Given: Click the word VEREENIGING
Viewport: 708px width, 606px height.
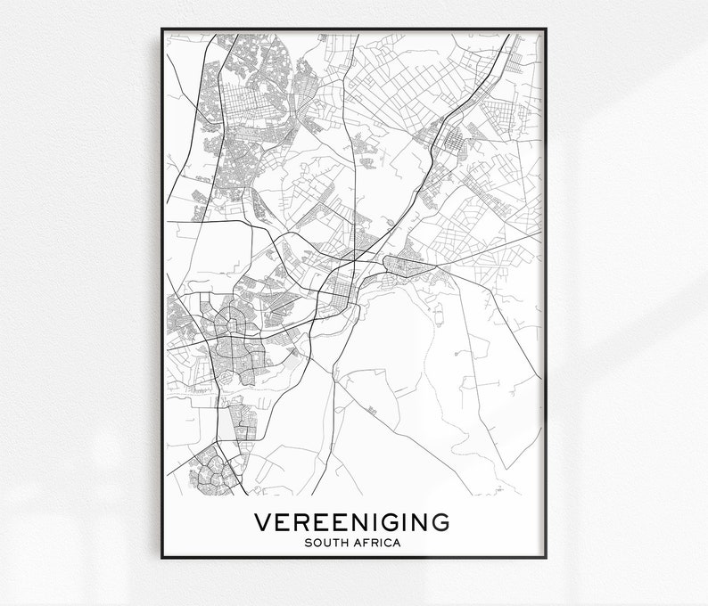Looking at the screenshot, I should pos(352,521).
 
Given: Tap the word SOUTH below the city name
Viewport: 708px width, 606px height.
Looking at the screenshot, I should pos(326,542).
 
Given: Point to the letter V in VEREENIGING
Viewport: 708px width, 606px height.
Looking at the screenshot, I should pos(264,521).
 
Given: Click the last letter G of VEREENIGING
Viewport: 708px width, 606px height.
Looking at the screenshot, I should pos(440,521).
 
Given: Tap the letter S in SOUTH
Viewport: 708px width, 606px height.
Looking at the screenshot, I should pos(309,542).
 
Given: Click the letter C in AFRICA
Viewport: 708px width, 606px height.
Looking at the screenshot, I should pos(387,542).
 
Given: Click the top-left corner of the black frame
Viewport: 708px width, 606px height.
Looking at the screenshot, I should pos(162,29).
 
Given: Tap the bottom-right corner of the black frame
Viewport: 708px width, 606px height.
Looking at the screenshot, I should pos(546,558).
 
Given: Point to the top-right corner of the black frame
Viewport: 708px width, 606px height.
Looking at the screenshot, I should pos(546,29).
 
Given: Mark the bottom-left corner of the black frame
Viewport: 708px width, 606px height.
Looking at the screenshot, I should pos(162,558).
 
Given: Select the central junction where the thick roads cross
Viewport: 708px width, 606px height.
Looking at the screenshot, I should pos(354,259).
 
